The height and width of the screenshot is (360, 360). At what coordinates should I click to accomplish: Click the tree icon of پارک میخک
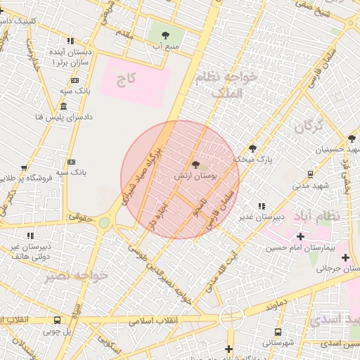253,148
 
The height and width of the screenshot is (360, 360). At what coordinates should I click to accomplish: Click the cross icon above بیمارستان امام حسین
300,236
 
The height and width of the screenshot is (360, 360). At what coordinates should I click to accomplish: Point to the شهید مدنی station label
307,186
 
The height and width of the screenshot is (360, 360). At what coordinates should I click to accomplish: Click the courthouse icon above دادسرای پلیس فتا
64,106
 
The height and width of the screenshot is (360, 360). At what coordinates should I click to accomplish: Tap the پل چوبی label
58,331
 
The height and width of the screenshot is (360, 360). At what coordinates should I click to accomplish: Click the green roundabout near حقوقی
104,222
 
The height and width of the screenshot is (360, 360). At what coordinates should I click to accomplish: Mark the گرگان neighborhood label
308,127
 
